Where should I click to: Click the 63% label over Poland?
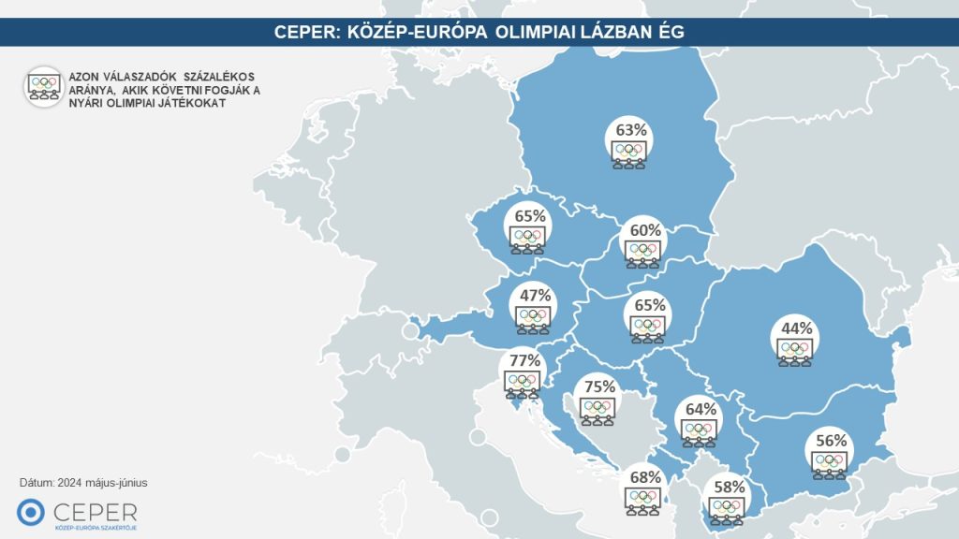click(629, 129)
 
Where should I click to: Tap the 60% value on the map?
click(645, 230)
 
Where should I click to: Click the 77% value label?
click(522, 361)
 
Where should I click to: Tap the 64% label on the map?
click(700, 409)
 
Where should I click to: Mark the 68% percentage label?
click(644, 476)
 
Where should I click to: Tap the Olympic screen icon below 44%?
click(794, 351)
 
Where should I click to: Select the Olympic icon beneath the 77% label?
click(521, 384)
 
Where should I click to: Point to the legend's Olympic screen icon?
click(43, 86)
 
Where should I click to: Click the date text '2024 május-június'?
click(101, 483)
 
